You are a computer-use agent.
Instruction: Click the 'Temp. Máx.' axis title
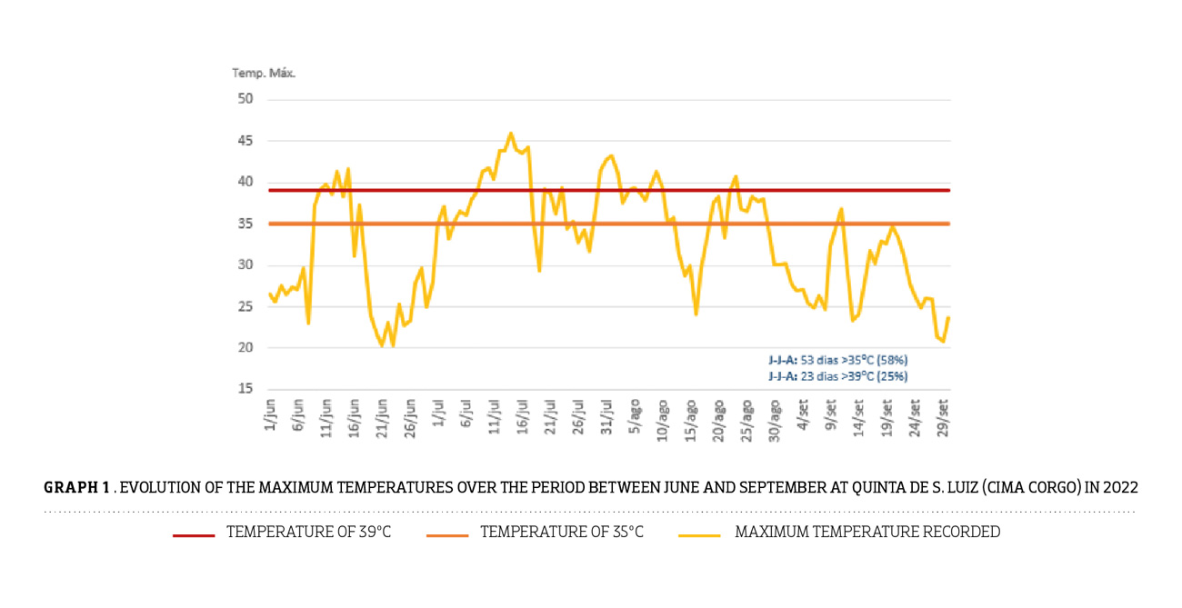point(264,73)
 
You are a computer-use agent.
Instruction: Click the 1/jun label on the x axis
point(270,414)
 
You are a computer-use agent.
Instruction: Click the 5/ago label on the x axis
point(635,414)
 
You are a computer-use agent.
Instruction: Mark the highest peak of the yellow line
point(510,134)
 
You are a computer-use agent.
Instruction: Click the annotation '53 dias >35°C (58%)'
point(836,360)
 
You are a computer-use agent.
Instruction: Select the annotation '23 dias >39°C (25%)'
point(836,375)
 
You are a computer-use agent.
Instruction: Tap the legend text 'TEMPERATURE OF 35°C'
point(561,533)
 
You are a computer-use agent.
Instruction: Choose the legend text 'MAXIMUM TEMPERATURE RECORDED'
point(866,533)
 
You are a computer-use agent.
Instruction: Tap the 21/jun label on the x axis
point(382,416)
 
